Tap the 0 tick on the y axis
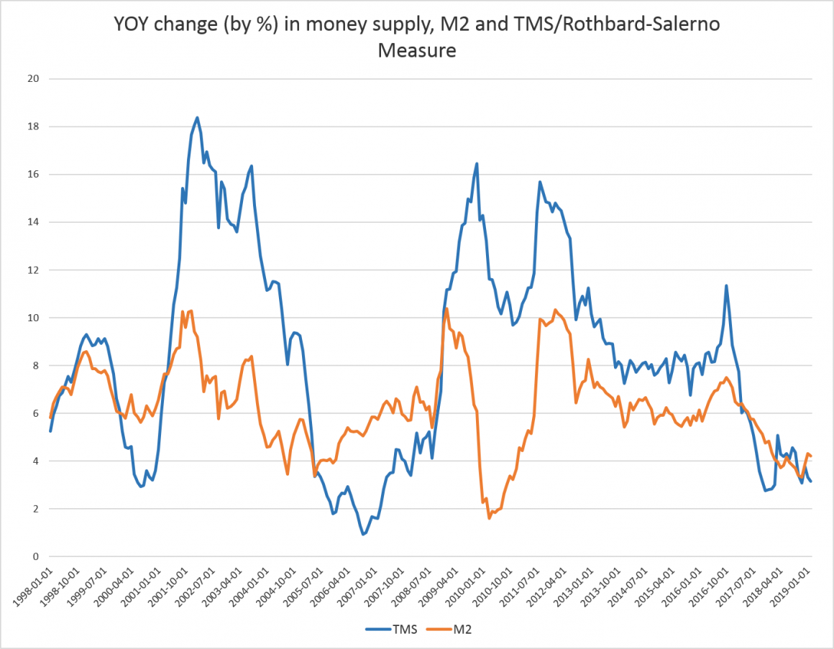pyautogui.click(x=35, y=556)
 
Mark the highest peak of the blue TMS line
pyautogui.click(x=197, y=118)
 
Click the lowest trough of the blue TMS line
pyautogui.click(x=364, y=534)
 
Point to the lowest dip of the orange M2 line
pyautogui.click(x=489, y=517)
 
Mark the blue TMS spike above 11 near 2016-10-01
pyautogui.click(x=726, y=286)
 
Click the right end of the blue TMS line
pyautogui.click(x=811, y=481)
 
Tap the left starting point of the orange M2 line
pyautogui.click(x=50, y=418)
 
